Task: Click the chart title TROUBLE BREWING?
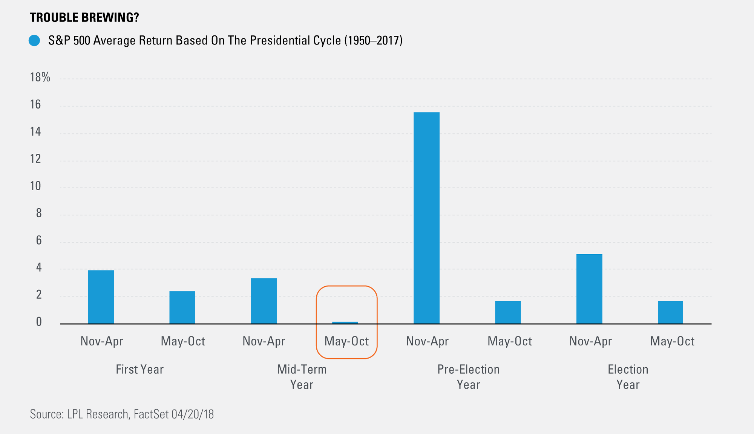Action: coord(84,17)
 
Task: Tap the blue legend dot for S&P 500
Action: coord(34,41)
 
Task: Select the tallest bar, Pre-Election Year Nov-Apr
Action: coord(426,218)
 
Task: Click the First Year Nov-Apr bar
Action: coord(101,297)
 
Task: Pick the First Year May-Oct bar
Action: coord(182,307)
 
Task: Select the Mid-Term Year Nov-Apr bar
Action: coord(264,301)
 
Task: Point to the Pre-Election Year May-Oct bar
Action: coord(508,312)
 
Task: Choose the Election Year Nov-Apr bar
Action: coord(589,289)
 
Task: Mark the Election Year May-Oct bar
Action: coord(670,312)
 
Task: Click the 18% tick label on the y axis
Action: coord(40,77)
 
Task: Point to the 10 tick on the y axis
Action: coord(35,186)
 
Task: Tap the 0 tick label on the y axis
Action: coord(39,322)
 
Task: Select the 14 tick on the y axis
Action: coord(35,131)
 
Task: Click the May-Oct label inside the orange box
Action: coord(346,341)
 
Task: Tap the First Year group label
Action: coord(140,369)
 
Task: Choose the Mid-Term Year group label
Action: coord(302,377)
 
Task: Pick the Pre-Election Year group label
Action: coord(469,377)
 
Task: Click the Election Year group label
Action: coord(628,377)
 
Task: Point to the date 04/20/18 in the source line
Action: coord(193,414)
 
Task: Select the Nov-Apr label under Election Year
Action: coord(590,341)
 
